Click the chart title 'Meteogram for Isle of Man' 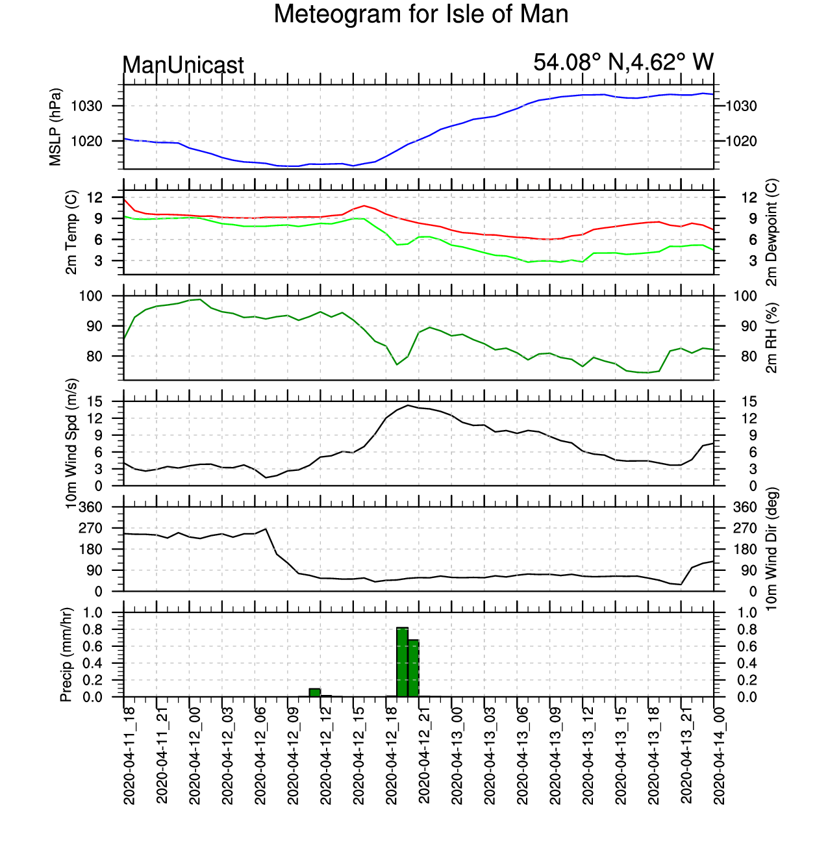[421, 14]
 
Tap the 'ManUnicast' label [183, 66]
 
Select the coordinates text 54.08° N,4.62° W [623, 62]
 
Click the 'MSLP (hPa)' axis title [55, 127]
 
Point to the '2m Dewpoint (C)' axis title [772, 233]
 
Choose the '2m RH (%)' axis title [772, 338]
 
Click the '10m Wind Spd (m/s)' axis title [71, 444]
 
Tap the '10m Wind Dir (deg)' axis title [772, 549]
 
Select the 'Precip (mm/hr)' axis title [66, 655]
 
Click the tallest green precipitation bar [402, 662]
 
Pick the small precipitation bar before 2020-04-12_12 [314, 692]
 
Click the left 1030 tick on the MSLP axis [87, 106]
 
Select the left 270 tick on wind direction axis [90, 528]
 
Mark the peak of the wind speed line [408, 405]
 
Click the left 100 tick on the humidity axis [90, 296]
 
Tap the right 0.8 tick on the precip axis [747, 629]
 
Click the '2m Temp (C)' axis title [71, 233]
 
